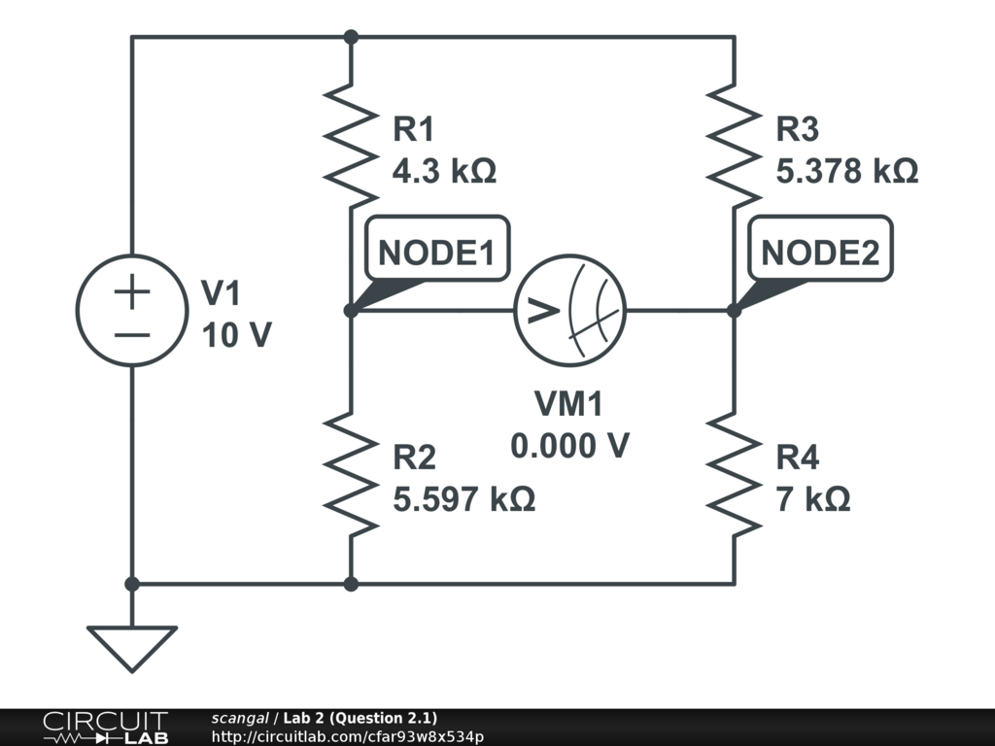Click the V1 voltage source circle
click(x=132, y=311)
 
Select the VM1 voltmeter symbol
click(x=569, y=311)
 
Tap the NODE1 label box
click(x=436, y=253)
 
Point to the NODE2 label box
click(x=820, y=253)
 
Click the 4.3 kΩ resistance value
click(x=444, y=172)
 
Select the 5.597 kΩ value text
click(x=463, y=499)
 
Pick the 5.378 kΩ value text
click(x=846, y=172)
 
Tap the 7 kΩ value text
click(x=813, y=499)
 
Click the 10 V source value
click(x=236, y=335)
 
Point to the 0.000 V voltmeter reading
click(x=569, y=446)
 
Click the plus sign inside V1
click(x=132, y=291)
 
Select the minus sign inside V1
click(x=132, y=334)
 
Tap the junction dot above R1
click(x=351, y=37)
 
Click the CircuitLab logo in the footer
click(x=105, y=728)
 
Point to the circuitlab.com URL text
click(x=347, y=736)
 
